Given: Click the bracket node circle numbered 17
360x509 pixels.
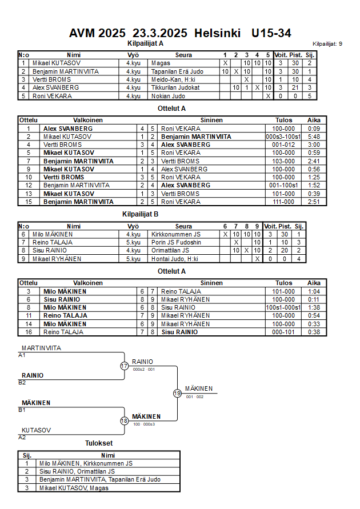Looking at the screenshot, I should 124,366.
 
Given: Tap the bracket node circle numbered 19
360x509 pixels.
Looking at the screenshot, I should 177,393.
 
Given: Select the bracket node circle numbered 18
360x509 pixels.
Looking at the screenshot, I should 124,421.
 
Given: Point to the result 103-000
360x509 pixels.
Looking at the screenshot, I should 283,161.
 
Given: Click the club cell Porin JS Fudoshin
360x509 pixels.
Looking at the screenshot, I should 178,242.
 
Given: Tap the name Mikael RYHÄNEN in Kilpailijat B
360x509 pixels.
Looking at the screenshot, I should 57,259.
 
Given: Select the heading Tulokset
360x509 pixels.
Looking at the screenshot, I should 99,443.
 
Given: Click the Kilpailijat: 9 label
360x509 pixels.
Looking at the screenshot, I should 327,43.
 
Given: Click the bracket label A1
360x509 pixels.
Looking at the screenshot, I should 22,355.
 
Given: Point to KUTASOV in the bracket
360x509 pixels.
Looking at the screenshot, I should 37,430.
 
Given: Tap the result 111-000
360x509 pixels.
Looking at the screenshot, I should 283,202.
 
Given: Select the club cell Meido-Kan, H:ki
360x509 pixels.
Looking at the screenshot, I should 173,79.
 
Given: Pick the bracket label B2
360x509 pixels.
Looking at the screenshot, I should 22,383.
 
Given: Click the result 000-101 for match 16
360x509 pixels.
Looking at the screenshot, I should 283,332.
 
